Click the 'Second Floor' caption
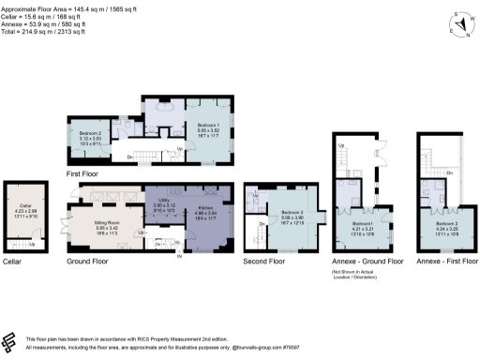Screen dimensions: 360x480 tap(266, 262)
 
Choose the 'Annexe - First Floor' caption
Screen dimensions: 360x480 tap(442, 262)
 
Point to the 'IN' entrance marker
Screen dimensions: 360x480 tap(178, 256)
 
